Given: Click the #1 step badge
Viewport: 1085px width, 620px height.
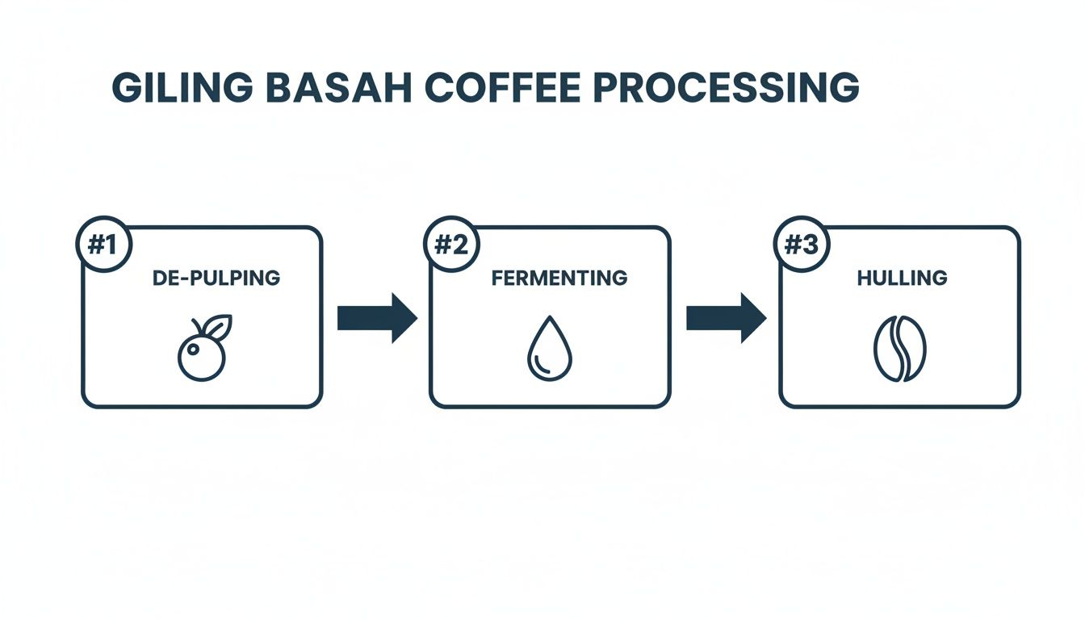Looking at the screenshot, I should (102, 245).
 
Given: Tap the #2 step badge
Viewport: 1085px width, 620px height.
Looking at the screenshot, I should (450, 245).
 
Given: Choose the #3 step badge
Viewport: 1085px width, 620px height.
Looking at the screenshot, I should (800, 245).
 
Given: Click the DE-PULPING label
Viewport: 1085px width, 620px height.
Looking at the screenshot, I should (216, 279).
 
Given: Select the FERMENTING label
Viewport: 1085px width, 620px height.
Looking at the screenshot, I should (559, 279).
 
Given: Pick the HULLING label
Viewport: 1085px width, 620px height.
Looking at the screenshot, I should (902, 279).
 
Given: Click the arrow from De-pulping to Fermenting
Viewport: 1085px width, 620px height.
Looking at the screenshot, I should (376, 318).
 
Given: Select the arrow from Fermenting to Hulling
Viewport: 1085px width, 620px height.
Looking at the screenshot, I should (725, 318).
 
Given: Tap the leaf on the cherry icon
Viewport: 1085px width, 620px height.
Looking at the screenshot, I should (218, 327).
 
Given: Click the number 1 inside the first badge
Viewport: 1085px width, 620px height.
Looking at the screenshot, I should (111, 245).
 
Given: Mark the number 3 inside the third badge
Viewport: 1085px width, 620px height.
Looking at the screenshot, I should (811, 245).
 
